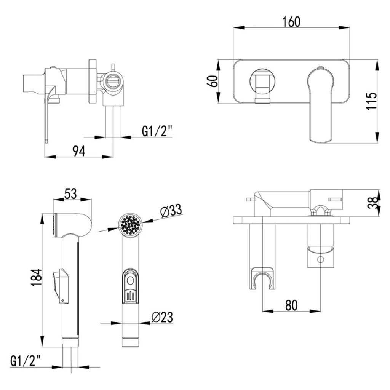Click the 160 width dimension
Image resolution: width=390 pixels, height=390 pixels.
click(x=291, y=22)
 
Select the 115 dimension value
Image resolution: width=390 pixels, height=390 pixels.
click(x=371, y=101)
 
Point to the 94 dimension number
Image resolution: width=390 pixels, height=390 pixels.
click(x=79, y=151)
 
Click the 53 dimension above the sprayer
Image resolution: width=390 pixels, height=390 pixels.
click(x=70, y=194)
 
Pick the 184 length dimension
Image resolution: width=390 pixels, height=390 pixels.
click(x=37, y=277)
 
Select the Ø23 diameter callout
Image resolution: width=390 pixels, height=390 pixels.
click(x=162, y=317)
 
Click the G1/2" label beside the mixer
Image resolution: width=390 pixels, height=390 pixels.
click(x=157, y=131)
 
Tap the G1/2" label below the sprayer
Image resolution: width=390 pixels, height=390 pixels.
click(x=26, y=361)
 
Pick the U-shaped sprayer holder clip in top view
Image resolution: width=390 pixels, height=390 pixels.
click(x=262, y=278)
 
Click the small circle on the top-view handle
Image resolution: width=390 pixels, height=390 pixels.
click(x=321, y=260)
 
